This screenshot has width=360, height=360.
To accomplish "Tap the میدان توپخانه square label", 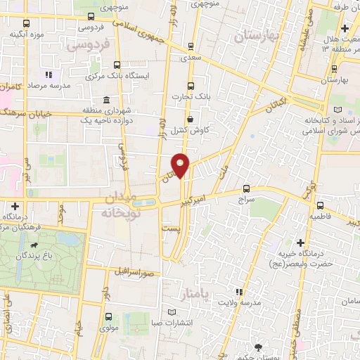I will [x=117, y=203].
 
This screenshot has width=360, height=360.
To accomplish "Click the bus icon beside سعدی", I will [x=192, y=47].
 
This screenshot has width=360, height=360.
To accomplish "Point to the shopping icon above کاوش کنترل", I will [x=191, y=120].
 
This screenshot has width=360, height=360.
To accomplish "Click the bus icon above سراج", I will [x=245, y=188].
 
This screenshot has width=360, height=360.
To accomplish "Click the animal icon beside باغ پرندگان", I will [x=35, y=245].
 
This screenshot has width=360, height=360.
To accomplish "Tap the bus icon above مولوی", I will [x=108, y=317].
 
